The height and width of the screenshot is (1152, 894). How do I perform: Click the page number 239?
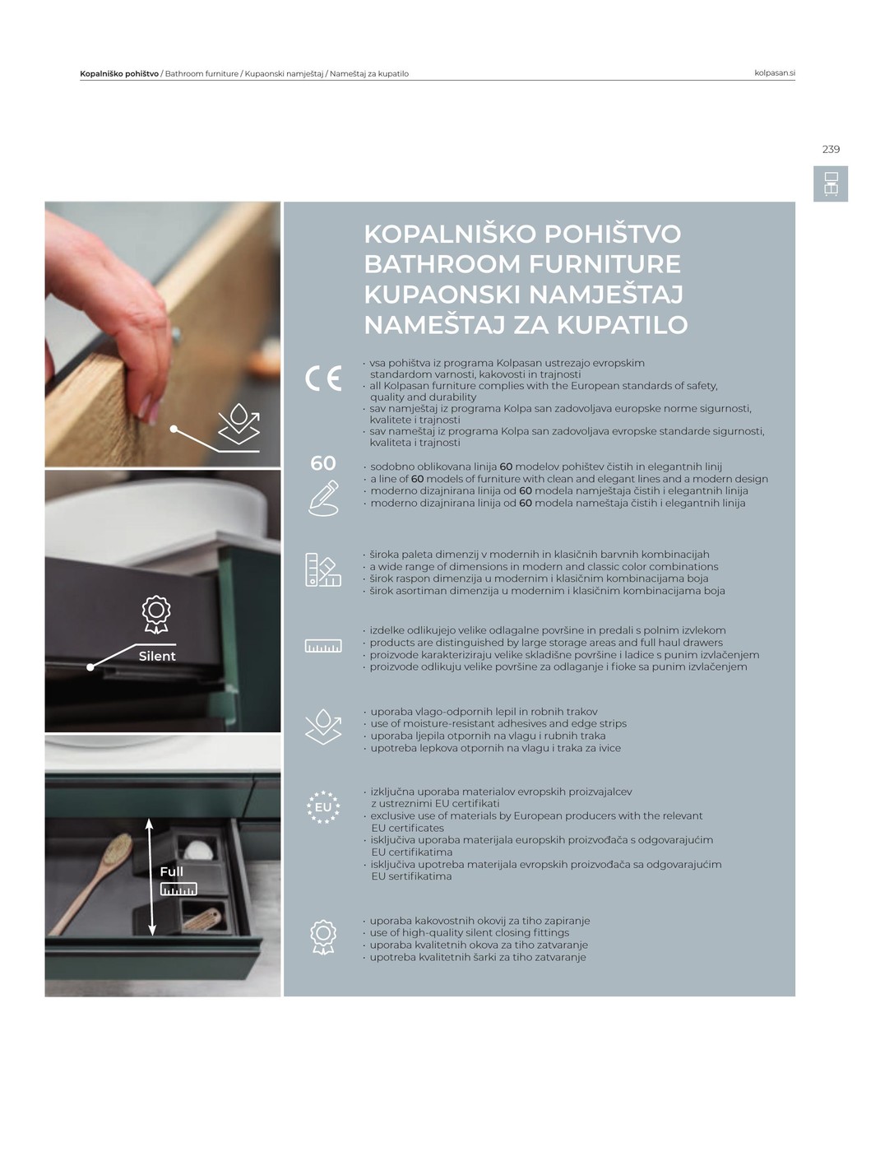tap(831, 150)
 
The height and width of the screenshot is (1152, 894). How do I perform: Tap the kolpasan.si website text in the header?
tap(774, 73)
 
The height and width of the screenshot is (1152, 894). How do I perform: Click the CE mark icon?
tap(323, 379)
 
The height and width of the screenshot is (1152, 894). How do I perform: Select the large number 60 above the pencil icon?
tap(322, 463)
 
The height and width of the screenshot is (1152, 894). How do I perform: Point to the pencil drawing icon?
tap(323, 499)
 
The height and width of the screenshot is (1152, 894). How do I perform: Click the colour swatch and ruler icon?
tap(323, 570)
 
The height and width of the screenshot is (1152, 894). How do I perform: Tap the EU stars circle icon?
tap(323, 807)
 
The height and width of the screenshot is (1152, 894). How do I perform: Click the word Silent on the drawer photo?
tap(157, 657)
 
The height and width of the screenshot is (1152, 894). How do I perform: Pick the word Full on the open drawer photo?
tap(172, 871)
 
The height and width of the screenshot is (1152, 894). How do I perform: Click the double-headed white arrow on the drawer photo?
tap(151, 877)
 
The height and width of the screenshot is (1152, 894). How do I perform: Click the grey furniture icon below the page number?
tap(831, 184)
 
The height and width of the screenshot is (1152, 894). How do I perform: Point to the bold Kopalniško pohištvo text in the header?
tap(119, 74)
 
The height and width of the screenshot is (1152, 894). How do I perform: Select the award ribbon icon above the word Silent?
tap(156, 615)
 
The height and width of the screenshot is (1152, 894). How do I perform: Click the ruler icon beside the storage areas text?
tap(323, 646)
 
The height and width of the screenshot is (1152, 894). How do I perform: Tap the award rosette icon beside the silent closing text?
tap(323, 937)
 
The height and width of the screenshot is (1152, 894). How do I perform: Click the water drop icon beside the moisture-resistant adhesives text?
tap(323, 727)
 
